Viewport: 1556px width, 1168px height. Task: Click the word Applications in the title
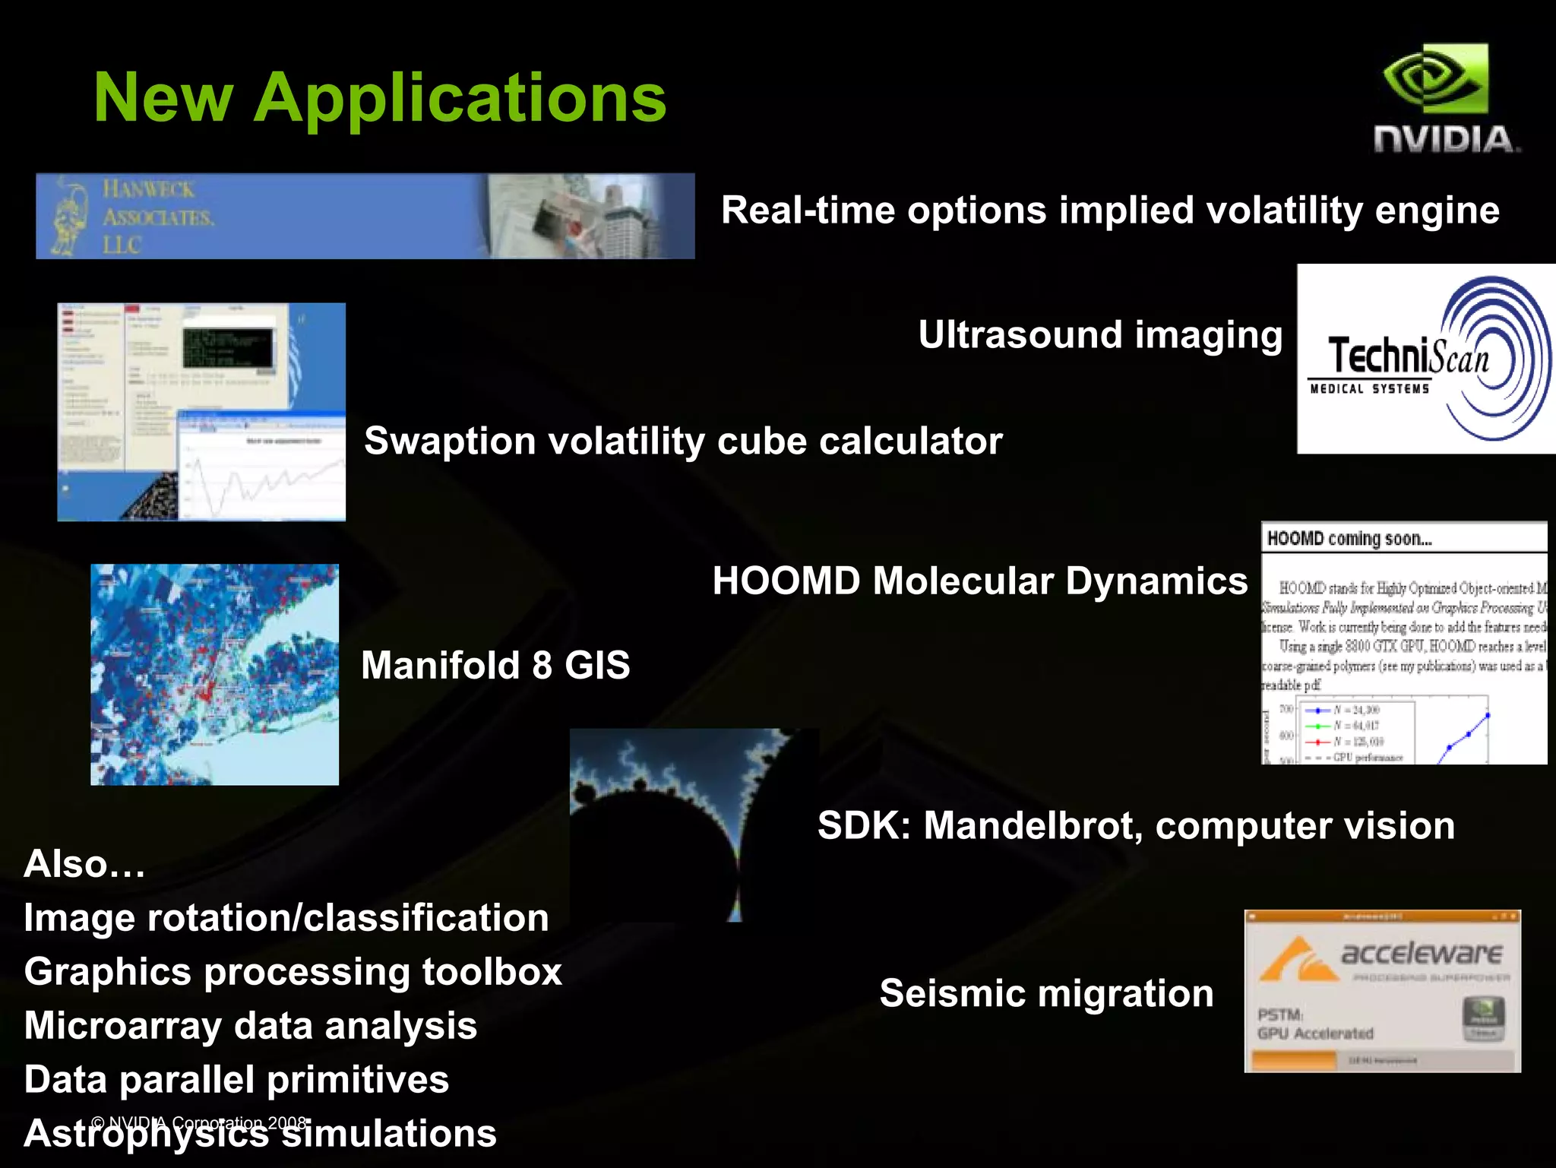coord(460,99)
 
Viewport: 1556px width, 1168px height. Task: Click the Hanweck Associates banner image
coord(365,217)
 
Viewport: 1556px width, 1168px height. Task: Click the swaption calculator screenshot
coord(201,412)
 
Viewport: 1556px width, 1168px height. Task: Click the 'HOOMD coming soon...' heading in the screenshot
coord(1349,539)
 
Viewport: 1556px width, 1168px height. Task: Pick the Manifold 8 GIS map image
coord(214,675)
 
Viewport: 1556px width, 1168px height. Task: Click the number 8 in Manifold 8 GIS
coord(542,666)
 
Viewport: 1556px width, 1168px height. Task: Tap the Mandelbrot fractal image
coord(693,825)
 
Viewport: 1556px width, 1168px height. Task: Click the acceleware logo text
coord(1422,953)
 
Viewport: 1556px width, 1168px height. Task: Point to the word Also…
coord(84,865)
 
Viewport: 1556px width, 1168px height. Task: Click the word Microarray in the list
coord(122,1026)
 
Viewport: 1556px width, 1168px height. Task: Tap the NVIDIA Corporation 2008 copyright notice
coord(199,1122)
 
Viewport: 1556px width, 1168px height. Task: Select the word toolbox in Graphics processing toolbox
coord(492,972)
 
